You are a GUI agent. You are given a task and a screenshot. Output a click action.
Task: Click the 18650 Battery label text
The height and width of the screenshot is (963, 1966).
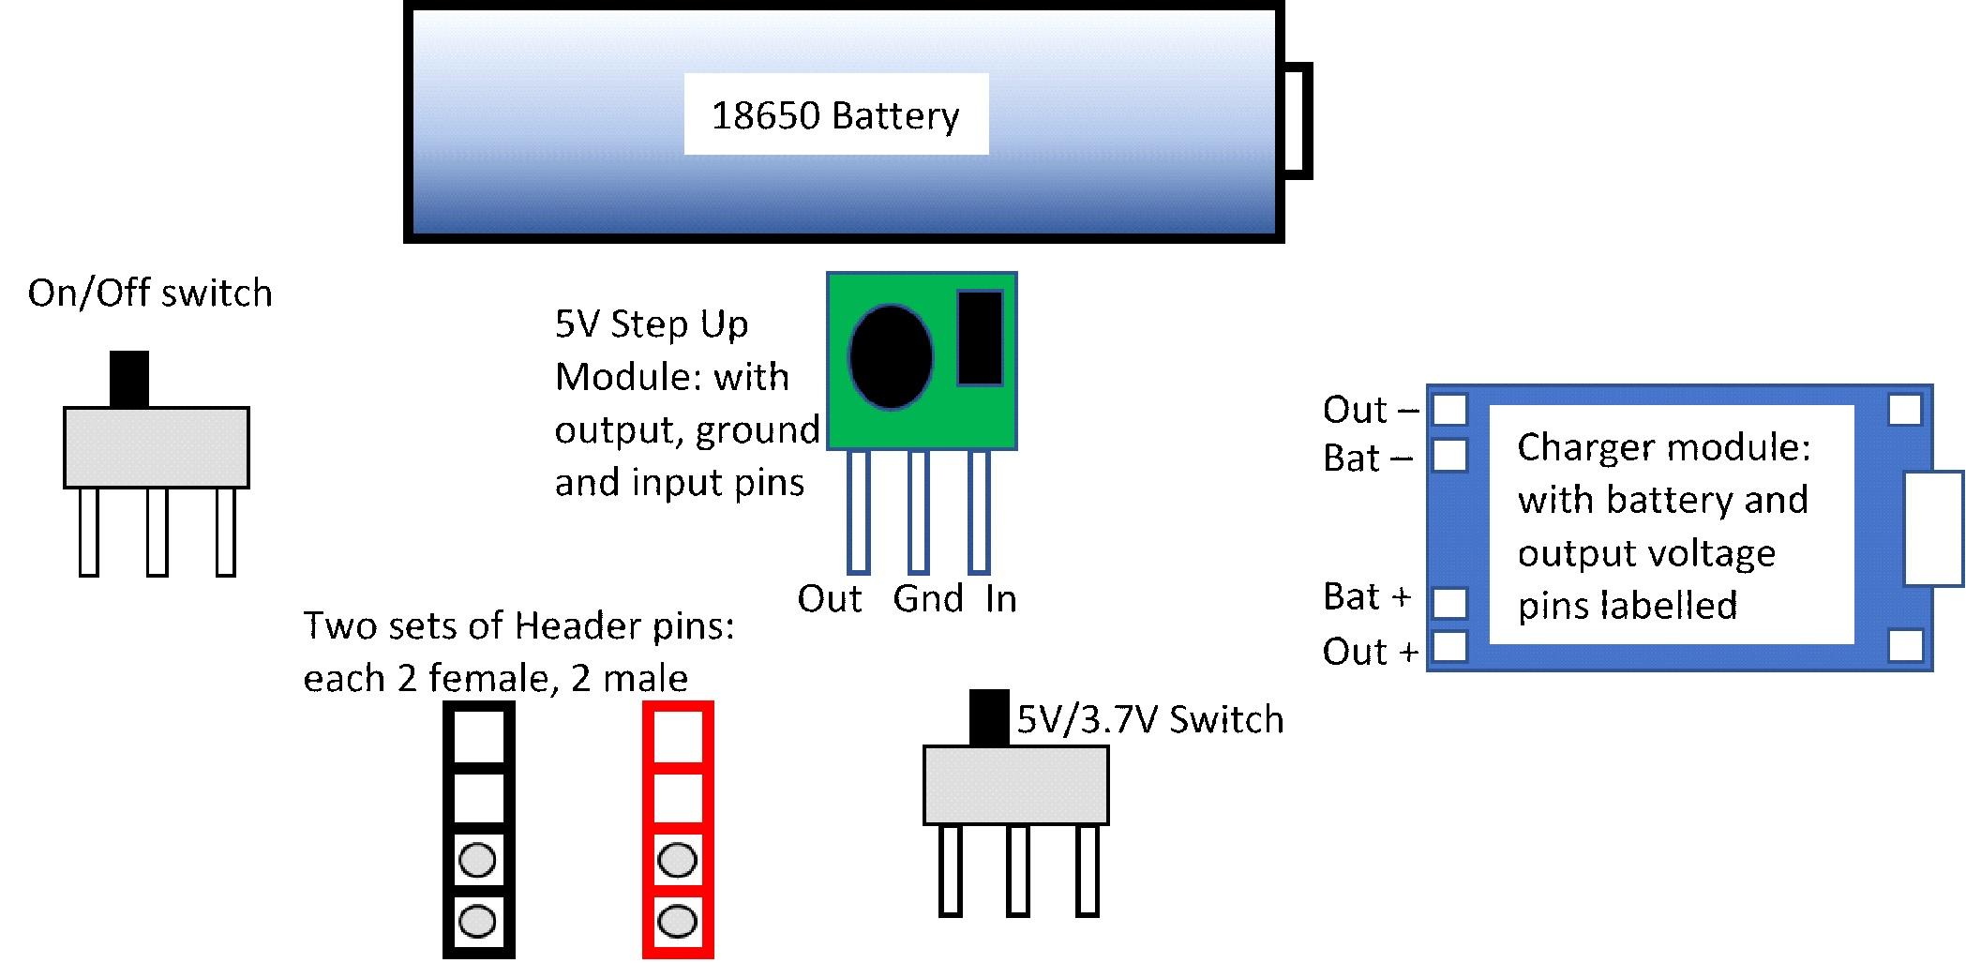point(835,115)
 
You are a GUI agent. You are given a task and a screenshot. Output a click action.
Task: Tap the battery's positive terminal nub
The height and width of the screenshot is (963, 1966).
point(1298,120)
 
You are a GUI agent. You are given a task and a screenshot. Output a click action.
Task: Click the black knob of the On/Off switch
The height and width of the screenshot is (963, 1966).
point(129,379)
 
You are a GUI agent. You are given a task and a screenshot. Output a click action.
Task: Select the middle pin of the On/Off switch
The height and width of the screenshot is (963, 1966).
point(157,531)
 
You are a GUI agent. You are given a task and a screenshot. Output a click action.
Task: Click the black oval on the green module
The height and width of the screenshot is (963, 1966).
point(890,356)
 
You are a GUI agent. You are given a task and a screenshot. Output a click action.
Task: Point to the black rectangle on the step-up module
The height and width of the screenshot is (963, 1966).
point(980,338)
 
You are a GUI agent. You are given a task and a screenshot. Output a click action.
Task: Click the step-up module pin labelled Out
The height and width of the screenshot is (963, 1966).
point(858,511)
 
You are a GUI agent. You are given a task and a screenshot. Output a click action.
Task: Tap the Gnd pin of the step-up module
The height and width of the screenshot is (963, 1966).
point(919,511)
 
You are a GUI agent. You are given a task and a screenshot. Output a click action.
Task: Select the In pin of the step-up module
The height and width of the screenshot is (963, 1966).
point(979,511)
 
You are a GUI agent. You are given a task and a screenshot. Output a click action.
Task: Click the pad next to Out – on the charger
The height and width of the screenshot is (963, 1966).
point(1450,410)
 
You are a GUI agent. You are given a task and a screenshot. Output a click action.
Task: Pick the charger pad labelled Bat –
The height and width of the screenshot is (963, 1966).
point(1450,456)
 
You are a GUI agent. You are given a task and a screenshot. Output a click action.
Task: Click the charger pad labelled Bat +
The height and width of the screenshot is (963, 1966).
point(1450,603)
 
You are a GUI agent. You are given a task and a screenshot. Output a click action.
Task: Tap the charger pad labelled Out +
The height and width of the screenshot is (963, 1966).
point(1450,647)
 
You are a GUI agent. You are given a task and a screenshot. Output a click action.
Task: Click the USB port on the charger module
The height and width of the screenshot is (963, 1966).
point(1934,529)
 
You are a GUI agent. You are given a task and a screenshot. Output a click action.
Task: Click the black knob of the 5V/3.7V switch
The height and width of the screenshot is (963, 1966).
point(989,717)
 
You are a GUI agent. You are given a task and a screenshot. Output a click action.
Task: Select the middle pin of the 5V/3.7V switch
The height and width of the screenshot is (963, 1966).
point(1018,870)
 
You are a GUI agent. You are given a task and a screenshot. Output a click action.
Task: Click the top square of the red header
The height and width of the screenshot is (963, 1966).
point(678,736)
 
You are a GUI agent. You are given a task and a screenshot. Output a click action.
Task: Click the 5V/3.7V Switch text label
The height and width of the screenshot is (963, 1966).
point(1150,720)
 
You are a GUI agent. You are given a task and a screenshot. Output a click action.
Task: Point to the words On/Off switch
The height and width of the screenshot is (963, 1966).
point(150,293)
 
